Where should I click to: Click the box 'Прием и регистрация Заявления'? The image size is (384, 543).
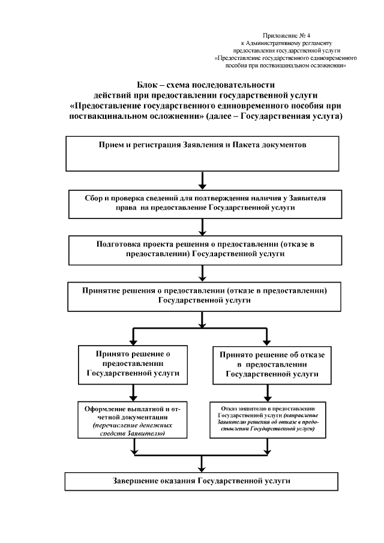click(x=203, y=154)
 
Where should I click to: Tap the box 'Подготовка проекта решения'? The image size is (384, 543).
click(x=203, y=250)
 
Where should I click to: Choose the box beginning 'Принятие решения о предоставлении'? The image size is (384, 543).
click(x=203, y=296)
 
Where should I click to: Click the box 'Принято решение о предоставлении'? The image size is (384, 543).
click(x=133, y=364)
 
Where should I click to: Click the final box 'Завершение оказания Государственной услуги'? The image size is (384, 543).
click(x=203, y=481)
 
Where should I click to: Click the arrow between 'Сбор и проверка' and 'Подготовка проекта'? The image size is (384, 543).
click(x=203, y=227)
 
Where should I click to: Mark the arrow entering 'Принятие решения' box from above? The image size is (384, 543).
click(x=203, y=273)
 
